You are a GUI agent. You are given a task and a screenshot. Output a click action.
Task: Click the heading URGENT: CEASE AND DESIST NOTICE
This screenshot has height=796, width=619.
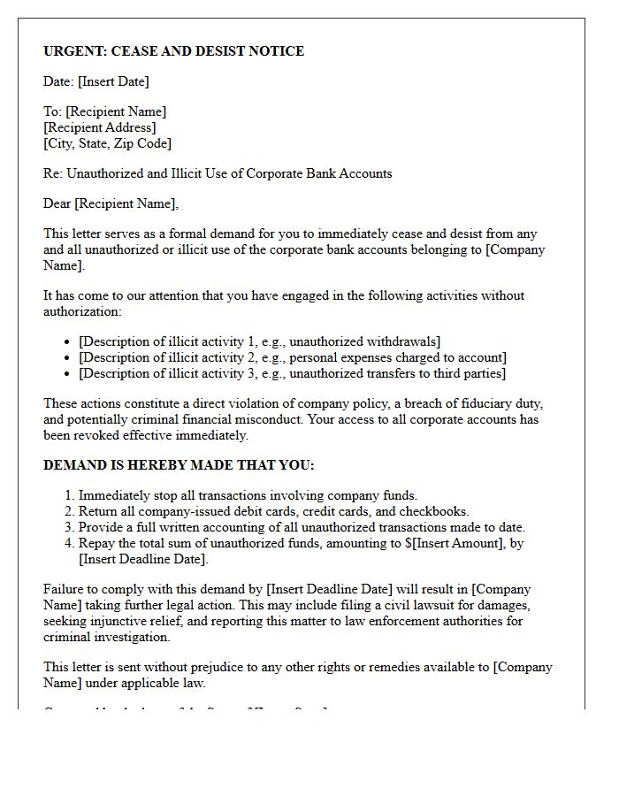[x=173, y=51]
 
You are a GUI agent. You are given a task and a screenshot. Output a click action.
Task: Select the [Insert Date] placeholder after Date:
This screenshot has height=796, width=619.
[x=113, y=81]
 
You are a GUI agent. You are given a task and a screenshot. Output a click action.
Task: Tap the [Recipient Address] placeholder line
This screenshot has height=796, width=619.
[x=100, y=127]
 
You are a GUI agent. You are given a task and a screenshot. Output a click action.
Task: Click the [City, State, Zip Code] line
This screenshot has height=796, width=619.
[x=107, y=143]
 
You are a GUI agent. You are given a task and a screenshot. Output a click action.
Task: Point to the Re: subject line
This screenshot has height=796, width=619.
[x=218, y=173]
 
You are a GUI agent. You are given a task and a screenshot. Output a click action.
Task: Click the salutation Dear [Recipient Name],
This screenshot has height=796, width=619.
[x=111, y=203]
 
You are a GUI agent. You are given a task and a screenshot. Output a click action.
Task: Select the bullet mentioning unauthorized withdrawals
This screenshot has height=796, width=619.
[x=259, y=341]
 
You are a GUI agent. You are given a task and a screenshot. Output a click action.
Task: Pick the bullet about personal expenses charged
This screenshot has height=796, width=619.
[x=292, y=357]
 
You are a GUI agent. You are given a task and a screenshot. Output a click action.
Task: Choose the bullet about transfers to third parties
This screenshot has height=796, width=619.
[x=292, y=373]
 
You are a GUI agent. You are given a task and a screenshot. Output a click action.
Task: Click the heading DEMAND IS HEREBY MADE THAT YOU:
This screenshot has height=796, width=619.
[x=179, y=465]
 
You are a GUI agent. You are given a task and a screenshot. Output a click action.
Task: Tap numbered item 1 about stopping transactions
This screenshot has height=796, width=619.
[x=248, y=495]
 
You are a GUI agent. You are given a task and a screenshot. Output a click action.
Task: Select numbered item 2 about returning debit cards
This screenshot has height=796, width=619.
[x=273, y=511]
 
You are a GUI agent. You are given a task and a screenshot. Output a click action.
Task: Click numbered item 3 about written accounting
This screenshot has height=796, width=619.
[x=302, y=527]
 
